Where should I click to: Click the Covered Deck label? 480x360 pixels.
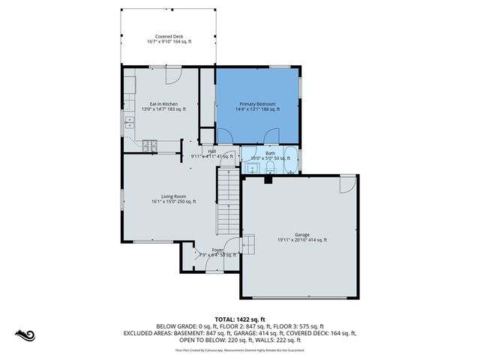[x=169, y=36]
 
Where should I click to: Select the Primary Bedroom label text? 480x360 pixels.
[x=257, y=103]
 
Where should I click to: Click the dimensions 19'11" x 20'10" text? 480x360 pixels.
[x=295, y=240]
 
